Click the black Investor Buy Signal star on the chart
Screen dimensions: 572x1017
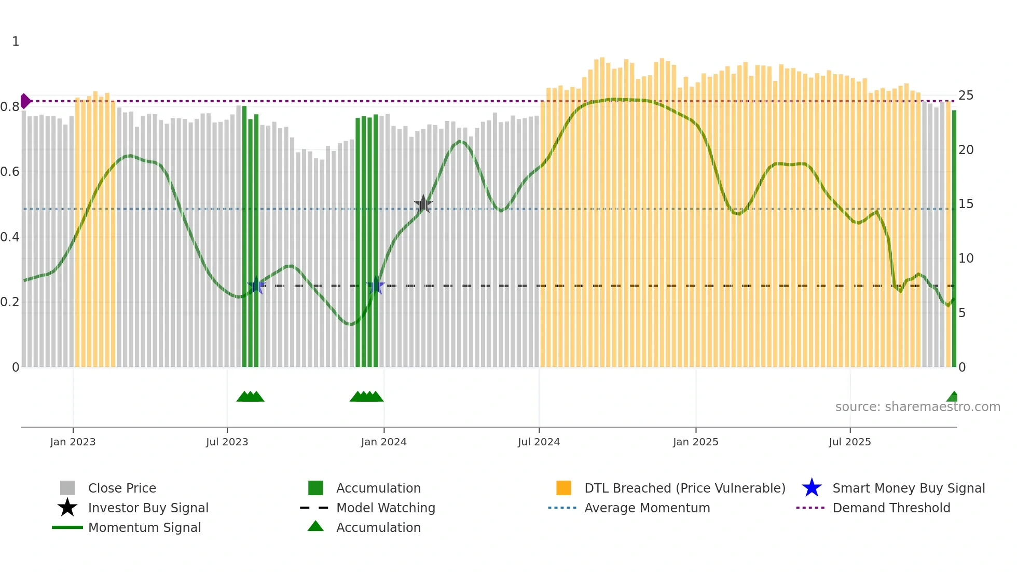point(423,205)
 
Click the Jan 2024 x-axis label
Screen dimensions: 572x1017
point(383,442)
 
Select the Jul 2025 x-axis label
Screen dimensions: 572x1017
point(849,442)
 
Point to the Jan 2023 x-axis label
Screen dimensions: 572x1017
point(73,442)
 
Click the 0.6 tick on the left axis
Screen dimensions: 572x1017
point(10,172)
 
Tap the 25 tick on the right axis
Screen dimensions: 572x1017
point(966,96)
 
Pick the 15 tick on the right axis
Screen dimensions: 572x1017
point(966,204)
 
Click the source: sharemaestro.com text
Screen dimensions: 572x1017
point(917,407)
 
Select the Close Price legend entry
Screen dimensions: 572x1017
point(121,488)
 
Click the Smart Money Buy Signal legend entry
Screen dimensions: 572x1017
point(908,488)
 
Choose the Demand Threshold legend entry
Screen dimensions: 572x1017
point(891,508)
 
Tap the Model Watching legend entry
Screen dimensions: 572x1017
point(385,508)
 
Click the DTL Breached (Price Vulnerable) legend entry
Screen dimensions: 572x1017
point(684,488)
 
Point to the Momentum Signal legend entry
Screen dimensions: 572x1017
point(144,527)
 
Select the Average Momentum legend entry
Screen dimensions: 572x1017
point(647,508)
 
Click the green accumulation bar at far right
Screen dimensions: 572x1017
point(954,239)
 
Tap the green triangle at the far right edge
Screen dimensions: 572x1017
point(953,397)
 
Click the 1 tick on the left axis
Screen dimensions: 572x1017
point(16,42)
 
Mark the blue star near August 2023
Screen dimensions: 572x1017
point(256,286)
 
